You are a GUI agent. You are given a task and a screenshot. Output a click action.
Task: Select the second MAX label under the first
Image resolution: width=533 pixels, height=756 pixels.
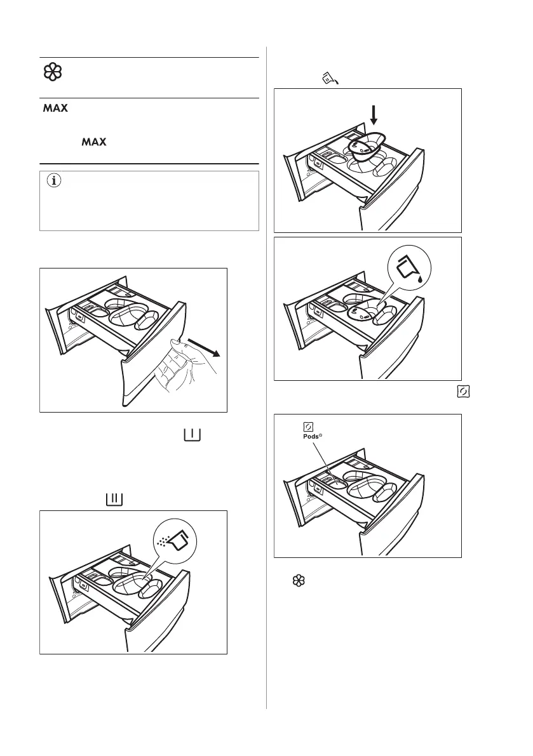[93, 144]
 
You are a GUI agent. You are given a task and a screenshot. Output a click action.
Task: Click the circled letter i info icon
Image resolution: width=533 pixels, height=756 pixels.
[53, 181]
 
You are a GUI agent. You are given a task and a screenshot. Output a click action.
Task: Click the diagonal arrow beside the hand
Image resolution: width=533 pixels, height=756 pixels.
[203, 347]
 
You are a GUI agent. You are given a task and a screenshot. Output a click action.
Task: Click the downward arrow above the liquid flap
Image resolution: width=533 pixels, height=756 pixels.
[374, 115]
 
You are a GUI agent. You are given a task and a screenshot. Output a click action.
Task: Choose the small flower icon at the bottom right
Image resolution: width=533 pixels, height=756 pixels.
[295, 580]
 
